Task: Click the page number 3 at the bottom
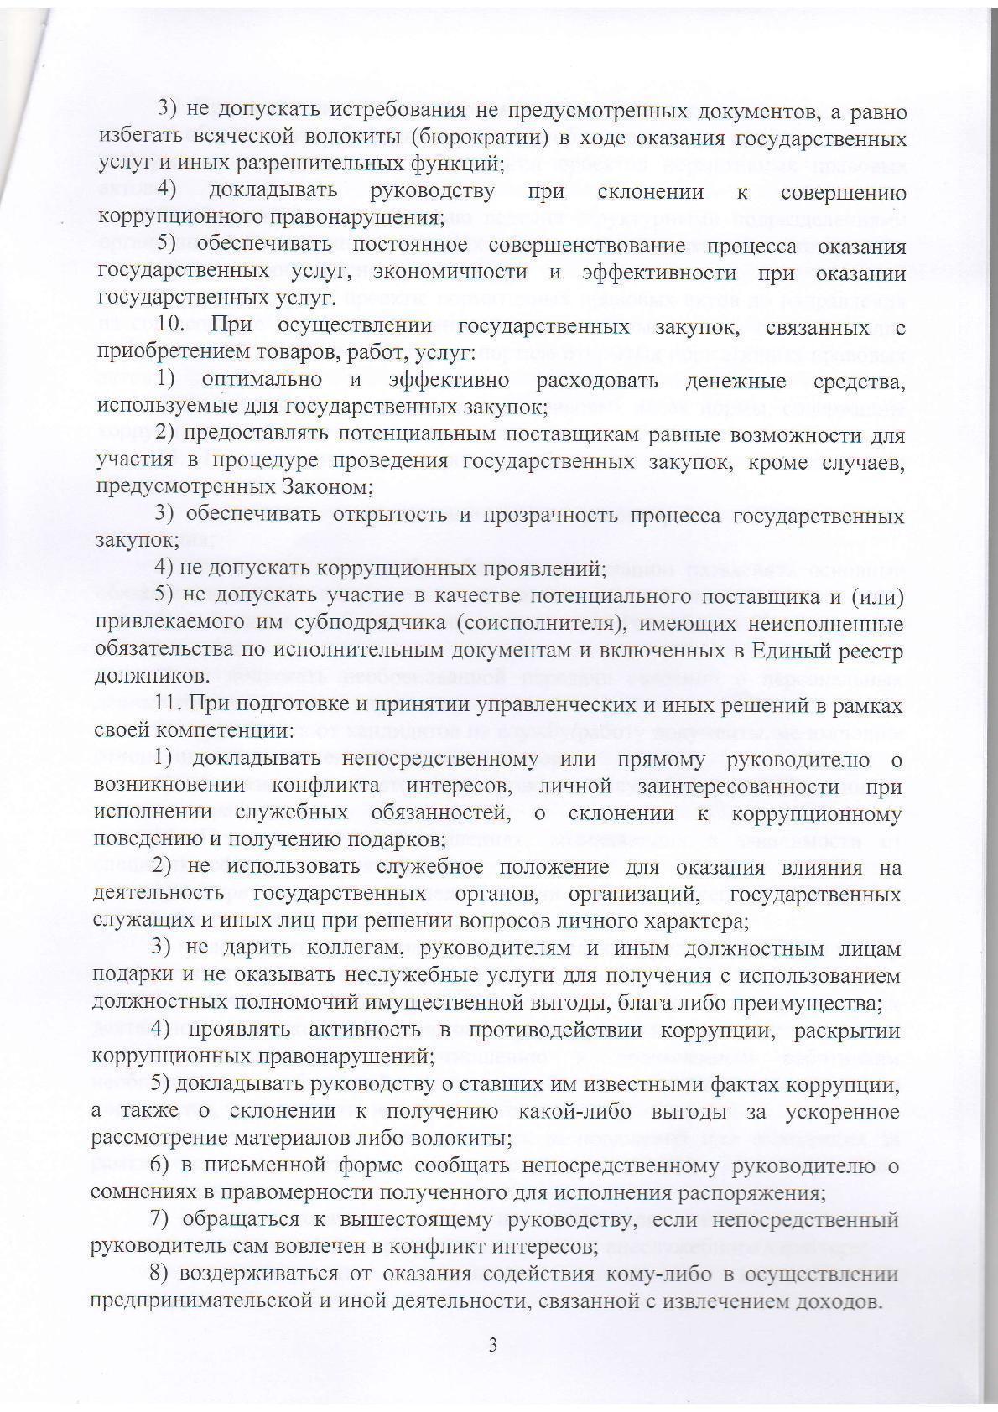tap(493, 1346)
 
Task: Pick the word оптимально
tap(262, 380)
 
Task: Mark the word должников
tap(141, 676)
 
